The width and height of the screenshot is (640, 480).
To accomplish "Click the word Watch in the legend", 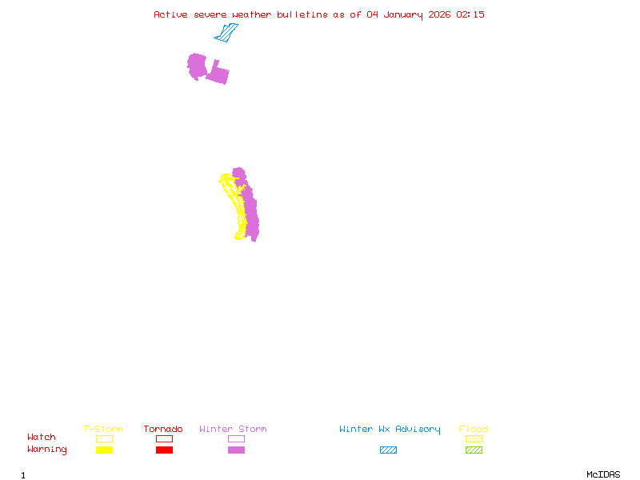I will (42, 438).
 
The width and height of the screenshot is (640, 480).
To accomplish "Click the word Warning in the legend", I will (47, 450).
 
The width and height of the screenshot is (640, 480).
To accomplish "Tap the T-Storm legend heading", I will (103, 430).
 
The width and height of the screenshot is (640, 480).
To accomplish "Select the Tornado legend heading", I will (163, 430).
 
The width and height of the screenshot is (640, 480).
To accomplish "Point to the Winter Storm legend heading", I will (233, 430).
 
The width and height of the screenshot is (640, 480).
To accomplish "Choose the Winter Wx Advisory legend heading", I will (390, 430).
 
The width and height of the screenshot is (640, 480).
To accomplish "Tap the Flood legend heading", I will (474, 430).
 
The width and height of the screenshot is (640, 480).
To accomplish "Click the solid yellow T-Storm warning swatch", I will (104, 450).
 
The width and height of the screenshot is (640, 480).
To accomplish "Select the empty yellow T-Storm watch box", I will (104, 438).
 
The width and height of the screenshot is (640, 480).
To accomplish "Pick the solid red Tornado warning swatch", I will (164, 450).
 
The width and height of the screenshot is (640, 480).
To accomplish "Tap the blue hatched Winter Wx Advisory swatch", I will (388, 450).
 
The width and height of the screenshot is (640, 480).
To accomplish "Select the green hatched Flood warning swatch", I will (474, 450).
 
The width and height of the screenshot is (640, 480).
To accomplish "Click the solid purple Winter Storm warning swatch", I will (236, 450).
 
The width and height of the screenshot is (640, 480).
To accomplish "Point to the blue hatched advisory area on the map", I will (226, 34).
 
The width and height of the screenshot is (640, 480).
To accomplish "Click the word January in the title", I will (400, 14).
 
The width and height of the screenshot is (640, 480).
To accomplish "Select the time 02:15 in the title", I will (470, 14).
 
